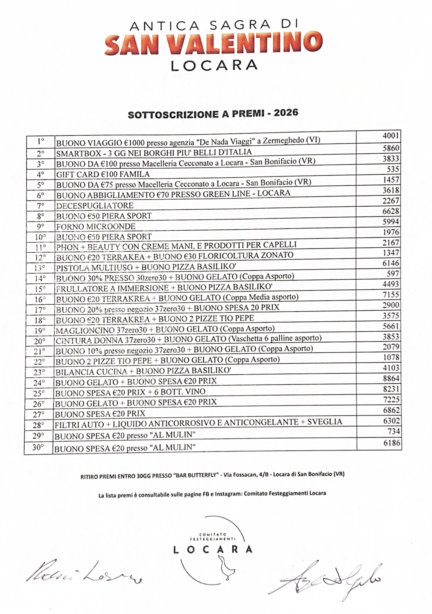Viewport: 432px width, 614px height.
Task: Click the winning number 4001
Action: click(391, 136)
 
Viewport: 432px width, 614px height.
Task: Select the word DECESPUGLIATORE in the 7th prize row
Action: click(95, 206)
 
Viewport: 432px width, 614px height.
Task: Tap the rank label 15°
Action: click(40, 289)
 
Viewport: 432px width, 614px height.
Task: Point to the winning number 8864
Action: click(391, 378)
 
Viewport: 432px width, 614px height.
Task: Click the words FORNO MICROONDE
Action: click(96, 226)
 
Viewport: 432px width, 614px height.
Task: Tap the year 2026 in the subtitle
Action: click(286, 113)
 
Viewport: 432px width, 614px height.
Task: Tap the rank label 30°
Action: click(38, 447)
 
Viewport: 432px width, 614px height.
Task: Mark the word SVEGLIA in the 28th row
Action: click(324, 422)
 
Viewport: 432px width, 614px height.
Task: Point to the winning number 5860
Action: click(391, 148)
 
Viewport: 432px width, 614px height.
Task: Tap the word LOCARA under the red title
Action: click(214, 66)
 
